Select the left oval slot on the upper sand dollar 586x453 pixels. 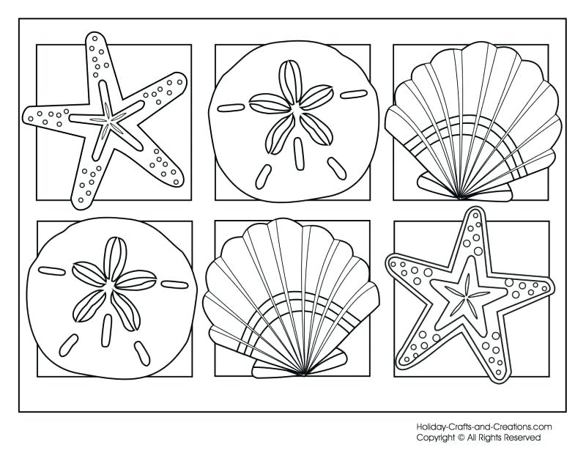pos(230,108)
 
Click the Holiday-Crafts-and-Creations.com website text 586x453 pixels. pos(483,427)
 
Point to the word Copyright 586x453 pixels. pos(436,437)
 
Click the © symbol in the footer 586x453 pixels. pos(461,437)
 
